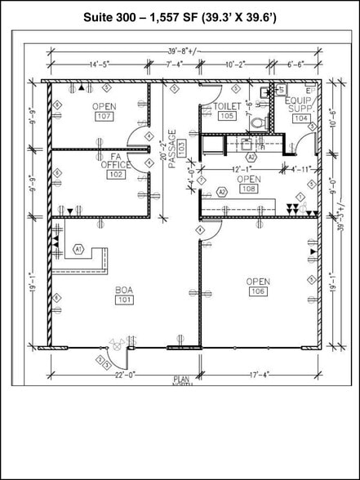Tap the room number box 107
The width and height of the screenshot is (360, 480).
click(x=104, y=117)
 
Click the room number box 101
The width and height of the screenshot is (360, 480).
click(x=124, y=300)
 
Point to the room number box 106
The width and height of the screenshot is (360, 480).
click(x=257, y=291)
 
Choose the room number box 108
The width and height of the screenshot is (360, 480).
click(x=249, y=189)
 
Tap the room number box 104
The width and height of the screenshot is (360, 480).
click(x=301, y=118)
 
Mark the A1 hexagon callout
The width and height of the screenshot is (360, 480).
click(x=79, y=248)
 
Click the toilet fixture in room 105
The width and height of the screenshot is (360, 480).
click(x=258, y=122)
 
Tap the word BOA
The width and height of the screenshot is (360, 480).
click(x=124, y=290)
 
